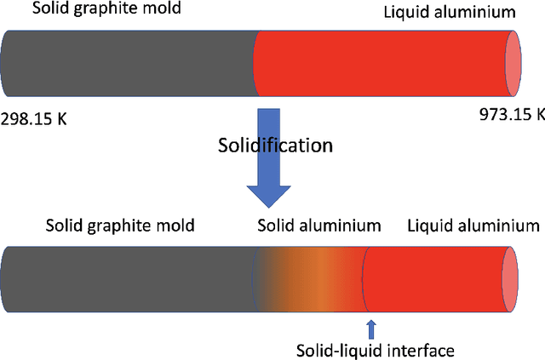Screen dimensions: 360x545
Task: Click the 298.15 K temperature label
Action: pos(33,118)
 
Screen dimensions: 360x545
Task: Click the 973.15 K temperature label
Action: pos(512,114)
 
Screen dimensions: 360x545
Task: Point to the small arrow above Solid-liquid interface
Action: pos(370,328)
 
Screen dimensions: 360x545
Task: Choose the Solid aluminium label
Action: pos(318,226)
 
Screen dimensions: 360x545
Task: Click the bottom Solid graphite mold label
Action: pos(121,226)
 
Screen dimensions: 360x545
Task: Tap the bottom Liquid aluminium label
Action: pos(473,226)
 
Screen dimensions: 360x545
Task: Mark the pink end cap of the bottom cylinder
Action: pos(511,279)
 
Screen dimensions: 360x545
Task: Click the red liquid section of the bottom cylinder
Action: pos(434,279)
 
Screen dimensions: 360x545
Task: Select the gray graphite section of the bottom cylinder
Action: pos(128,279)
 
